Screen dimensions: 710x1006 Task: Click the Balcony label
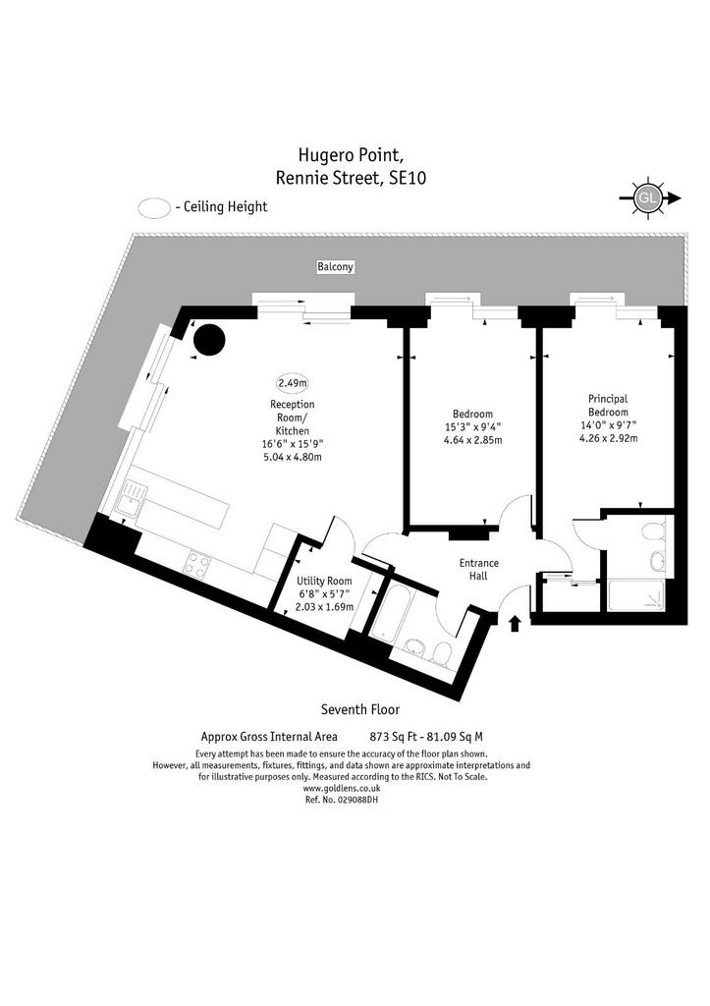click(335, 266)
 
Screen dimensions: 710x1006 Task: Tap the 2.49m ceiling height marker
click(292, 383)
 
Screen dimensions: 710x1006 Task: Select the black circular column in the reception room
click(210, 340)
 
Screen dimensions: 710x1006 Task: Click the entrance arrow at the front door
click(515, 624)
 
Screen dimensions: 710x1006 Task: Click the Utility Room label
click(324, 582)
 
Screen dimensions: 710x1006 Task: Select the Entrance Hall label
click(478, 570)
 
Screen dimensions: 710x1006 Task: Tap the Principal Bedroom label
click(608, 406)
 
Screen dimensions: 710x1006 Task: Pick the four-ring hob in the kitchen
click(197, 564)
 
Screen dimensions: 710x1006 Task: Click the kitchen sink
click(131, 501)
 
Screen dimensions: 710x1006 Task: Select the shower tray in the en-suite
click(637, 594)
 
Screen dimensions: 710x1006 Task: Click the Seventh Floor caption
click(359, 709)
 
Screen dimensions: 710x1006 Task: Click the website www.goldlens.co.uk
click(341, 789)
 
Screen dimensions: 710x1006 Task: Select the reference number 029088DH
click(341, 800)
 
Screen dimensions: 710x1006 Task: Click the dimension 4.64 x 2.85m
click(472, 440)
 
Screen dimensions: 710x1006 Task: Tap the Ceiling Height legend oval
click(154, 208)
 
